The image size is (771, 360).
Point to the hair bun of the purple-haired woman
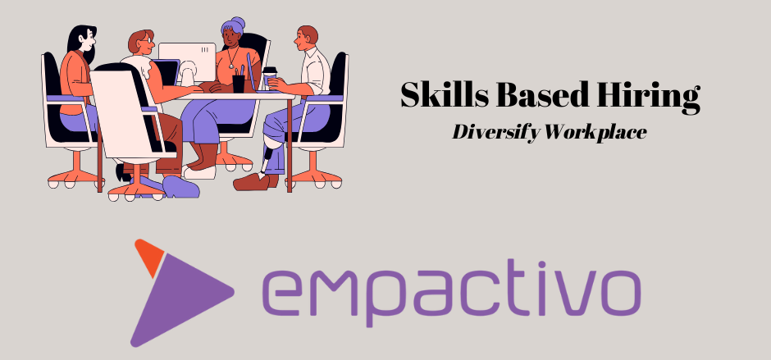tap(238, 23)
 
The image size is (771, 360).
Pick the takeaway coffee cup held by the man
tap(269, 76)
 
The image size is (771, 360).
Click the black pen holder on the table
tap(239, 84)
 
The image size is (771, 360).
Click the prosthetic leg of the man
tap(268, 153)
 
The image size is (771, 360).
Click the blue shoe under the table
tap(180, 187)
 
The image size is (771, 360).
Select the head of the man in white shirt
tap(307, 38)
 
